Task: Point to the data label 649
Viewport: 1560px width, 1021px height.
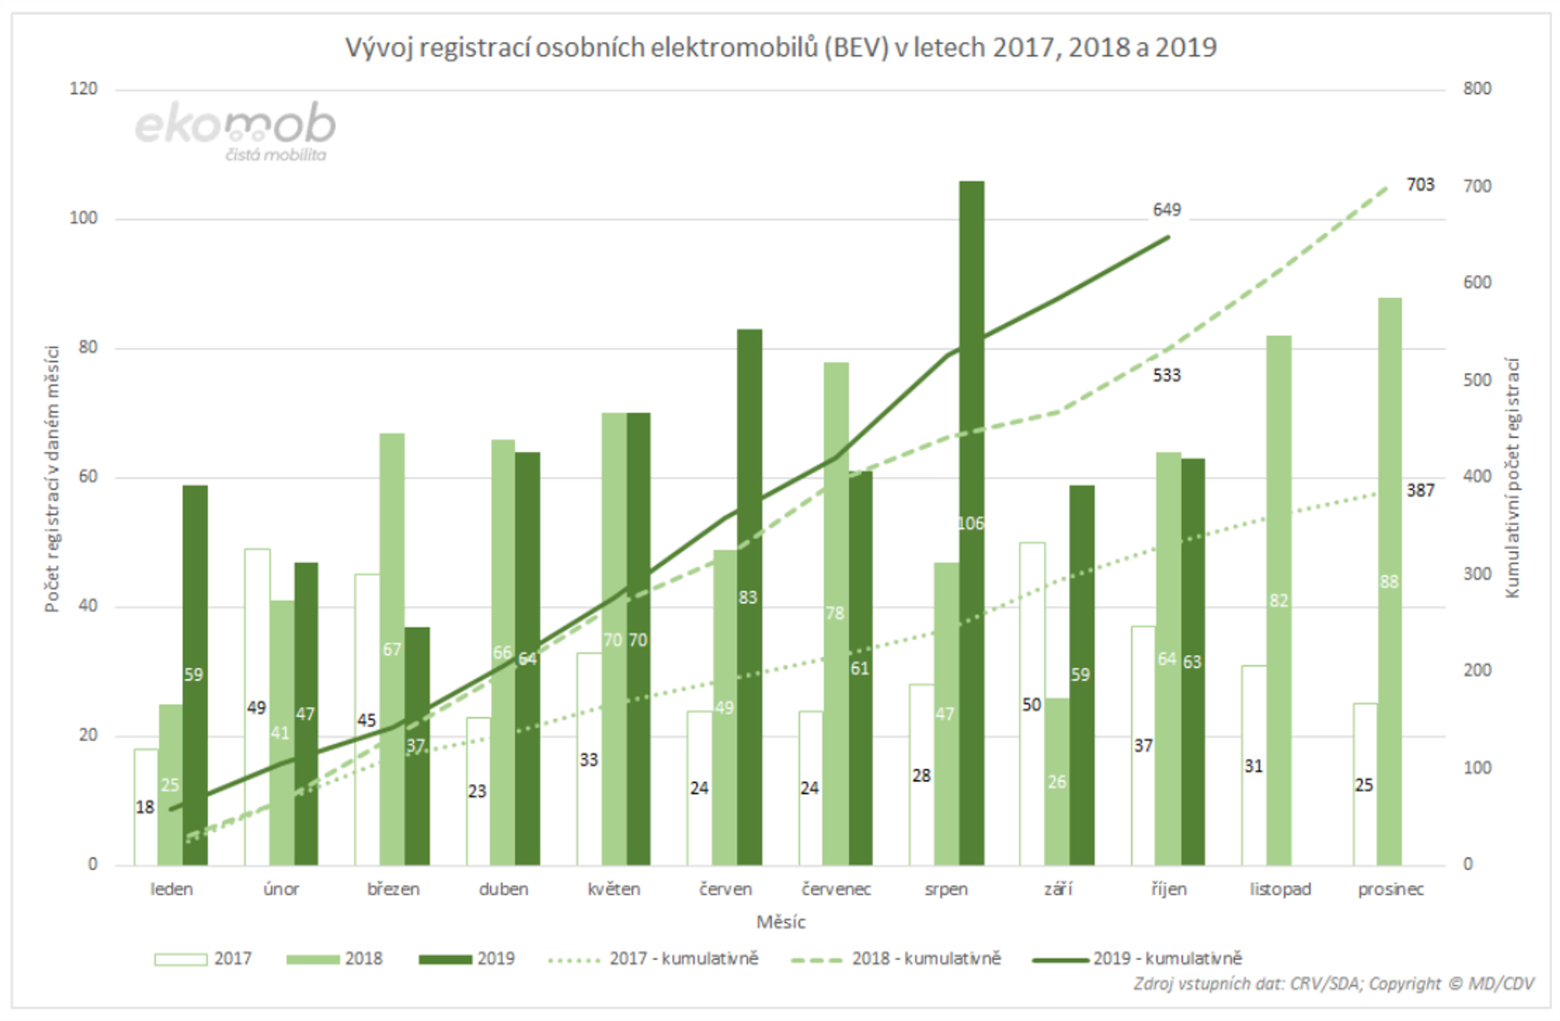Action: [x=1167, y=210]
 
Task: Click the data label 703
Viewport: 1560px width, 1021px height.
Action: [x=1420, y=185]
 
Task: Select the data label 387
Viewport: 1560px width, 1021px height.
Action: [x=1420, y=490]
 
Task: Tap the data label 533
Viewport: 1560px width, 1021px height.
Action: [x=1167, y=376]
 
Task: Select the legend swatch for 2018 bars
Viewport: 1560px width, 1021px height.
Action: [x=313, y=959]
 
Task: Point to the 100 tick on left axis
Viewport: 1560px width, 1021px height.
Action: [x=83, y=218]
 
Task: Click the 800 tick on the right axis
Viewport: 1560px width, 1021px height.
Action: [x=1477, y=88]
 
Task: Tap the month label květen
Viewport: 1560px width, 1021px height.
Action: [x=614, y=889]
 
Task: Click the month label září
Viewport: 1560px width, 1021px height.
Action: [x=1058, y=889]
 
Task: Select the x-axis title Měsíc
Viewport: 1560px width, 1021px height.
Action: [x=780, y=922]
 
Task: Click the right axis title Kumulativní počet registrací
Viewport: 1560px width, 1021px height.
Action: [x=1512, y=477]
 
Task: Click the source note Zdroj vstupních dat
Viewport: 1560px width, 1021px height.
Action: [x=1334, y=985]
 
